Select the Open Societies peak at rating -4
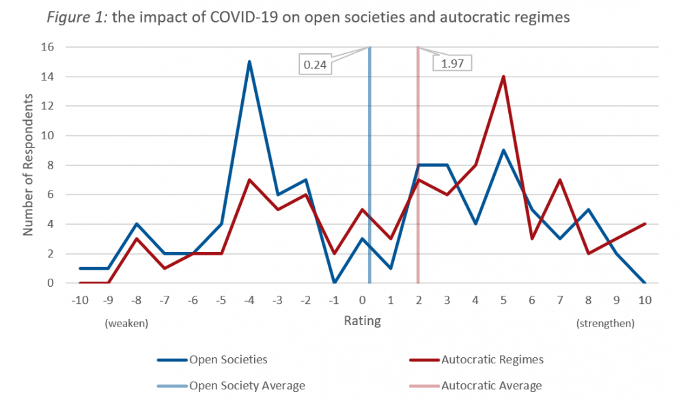pos(249,61)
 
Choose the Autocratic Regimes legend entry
pos(492,359)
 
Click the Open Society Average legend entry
pos(247,386)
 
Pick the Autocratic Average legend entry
pos(491,386)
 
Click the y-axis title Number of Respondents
pos(28,165)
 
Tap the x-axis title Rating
pos(362,321)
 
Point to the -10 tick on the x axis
pos(80,301)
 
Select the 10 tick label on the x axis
pos(645,301)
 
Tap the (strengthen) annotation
pos(605,323)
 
